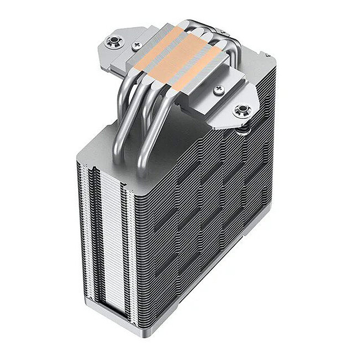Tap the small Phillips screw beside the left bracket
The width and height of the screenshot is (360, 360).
tap(136, 45)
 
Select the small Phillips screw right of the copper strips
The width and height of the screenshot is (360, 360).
tap(220, 89)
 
